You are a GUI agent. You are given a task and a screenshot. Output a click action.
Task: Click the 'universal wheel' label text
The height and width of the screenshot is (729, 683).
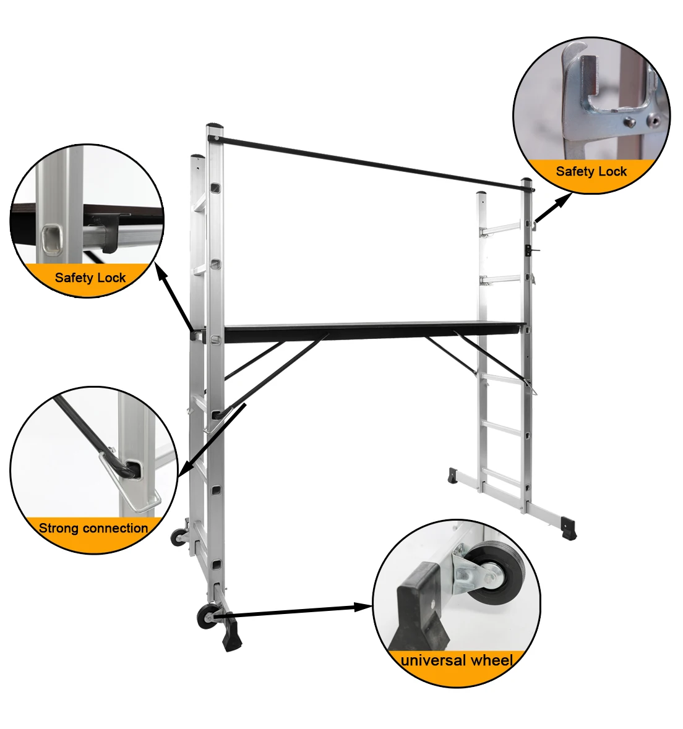pos(457,660)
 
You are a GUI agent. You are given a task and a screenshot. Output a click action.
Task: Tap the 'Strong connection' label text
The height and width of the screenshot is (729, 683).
pos(93,528)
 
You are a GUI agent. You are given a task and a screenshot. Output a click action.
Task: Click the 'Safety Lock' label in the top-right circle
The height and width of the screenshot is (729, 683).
pos(591,171)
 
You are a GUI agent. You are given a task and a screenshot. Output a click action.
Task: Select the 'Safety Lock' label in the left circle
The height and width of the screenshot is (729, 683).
pos(90,278)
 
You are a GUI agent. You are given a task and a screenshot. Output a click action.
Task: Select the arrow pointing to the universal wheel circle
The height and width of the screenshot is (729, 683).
pos(297,611)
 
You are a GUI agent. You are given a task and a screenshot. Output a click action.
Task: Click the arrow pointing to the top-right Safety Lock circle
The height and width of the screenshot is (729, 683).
pos(552,208)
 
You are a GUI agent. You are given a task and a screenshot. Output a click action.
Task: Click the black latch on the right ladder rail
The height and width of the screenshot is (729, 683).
pos(530,249)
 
